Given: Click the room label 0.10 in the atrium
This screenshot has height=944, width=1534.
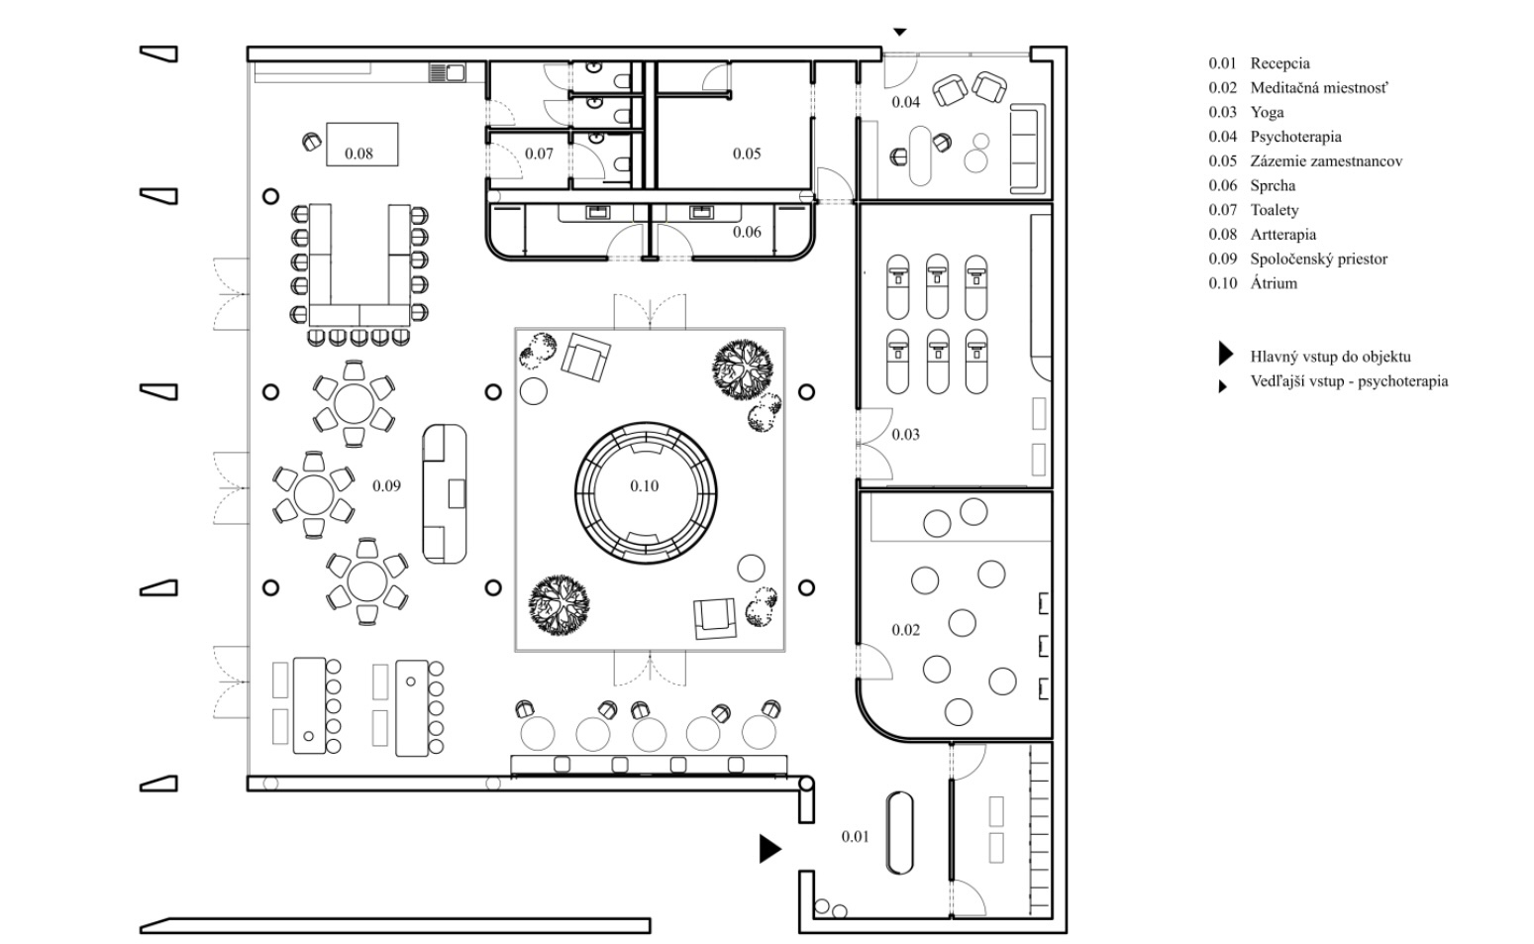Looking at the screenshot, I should click(x=644, y=486).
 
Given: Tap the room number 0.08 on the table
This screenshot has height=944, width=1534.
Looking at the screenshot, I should click(x=358, y=154).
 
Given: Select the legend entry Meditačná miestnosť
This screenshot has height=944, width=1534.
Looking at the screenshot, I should click(x=1318, y=88).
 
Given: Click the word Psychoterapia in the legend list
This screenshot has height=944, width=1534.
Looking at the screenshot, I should click(x=1295, y=137).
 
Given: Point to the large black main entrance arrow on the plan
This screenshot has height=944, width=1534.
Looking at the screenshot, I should click(x=769, y=849).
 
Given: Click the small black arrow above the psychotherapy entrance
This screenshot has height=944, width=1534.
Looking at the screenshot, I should click(x=899, y=33).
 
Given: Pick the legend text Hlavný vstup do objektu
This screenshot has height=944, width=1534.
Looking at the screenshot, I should click(x=1330, y=357).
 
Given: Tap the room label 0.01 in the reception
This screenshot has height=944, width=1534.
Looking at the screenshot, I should click(x=855, y=837).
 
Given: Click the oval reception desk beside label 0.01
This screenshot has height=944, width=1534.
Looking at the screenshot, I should click(x=899, y=832).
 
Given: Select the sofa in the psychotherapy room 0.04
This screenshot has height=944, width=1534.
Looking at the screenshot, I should click(x=1026, y=149).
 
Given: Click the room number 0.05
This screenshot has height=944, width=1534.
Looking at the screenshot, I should click(x=747, y=154).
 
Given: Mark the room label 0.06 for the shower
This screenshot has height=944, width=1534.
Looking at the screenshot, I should click(x=747, y=232).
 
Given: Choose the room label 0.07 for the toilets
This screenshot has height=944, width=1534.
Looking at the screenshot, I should click(x=539, y=154).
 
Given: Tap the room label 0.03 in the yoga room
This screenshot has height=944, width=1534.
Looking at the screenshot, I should click(x=905, y=435).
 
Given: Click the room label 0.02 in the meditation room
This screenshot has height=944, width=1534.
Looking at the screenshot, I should click(x=905, y=630).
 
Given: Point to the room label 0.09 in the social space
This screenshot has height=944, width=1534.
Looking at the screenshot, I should click(x=386, y=486).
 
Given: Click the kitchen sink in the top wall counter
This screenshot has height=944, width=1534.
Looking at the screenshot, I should click(x=448, y=72).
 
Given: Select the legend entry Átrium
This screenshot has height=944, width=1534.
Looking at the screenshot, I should click(x=1274, y=283).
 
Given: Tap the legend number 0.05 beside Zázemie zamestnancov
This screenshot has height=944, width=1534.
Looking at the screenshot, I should click(x=1222, y=161).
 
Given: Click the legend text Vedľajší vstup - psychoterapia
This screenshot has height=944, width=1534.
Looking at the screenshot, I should click(x=1349, y=381).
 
